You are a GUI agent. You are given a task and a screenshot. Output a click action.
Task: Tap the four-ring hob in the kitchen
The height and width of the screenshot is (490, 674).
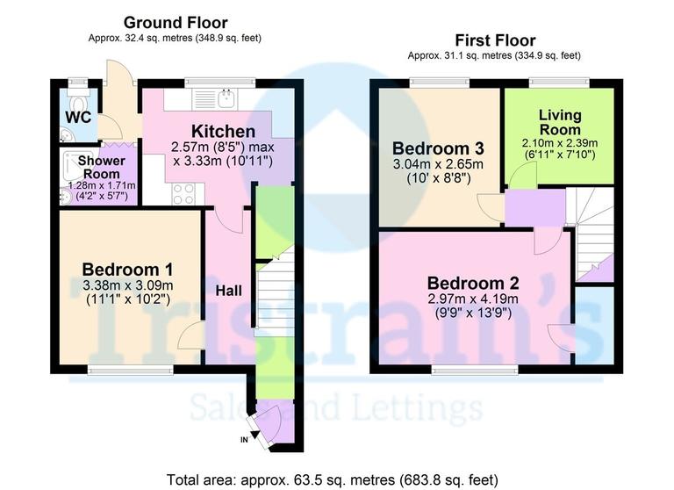[x=183, y=194]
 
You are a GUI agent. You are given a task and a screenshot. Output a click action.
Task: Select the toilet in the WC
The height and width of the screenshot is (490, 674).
[x=78, y=90]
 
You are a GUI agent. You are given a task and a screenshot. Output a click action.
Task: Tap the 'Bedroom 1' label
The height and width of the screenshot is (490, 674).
[x=127, y=269]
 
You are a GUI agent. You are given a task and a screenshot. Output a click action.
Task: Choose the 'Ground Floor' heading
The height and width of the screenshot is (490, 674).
[x=175, y=22]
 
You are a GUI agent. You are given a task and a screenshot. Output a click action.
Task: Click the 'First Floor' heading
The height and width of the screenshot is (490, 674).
[x=495, y=40]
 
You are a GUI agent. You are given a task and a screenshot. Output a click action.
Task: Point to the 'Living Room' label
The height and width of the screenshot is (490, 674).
[x=560, y=122]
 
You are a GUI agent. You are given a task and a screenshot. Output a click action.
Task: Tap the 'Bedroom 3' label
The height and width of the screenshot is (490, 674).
[x=439, y=147]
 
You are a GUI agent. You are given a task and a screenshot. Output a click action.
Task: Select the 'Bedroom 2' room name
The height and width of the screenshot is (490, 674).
[x=473, y=283]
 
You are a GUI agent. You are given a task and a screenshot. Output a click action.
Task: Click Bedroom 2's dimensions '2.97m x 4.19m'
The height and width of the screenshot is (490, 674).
[x=473, y=299]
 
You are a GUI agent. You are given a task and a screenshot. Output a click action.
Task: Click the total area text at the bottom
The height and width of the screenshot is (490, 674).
[x=337, y=479]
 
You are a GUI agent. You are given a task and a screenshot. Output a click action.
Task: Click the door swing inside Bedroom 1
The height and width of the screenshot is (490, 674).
[x=190, y=336]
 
